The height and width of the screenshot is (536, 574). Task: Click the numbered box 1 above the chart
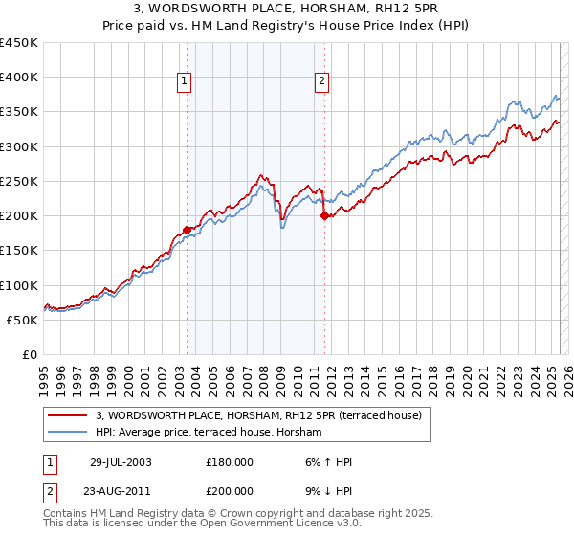click(x=183, y=82)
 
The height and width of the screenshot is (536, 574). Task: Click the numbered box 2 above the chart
click(x=321, y=82)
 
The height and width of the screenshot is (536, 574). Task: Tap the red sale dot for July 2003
click(x=188, y=230)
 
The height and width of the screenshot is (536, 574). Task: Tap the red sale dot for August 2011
click(x=325, y=216)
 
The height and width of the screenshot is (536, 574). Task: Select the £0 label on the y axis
click(x=29, y=354)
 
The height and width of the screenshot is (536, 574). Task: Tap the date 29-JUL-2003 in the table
click(x=121, y=462)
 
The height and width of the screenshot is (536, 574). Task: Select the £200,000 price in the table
click(x=230, y=491)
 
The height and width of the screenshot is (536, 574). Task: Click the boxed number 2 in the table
click(x=49, y=491)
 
